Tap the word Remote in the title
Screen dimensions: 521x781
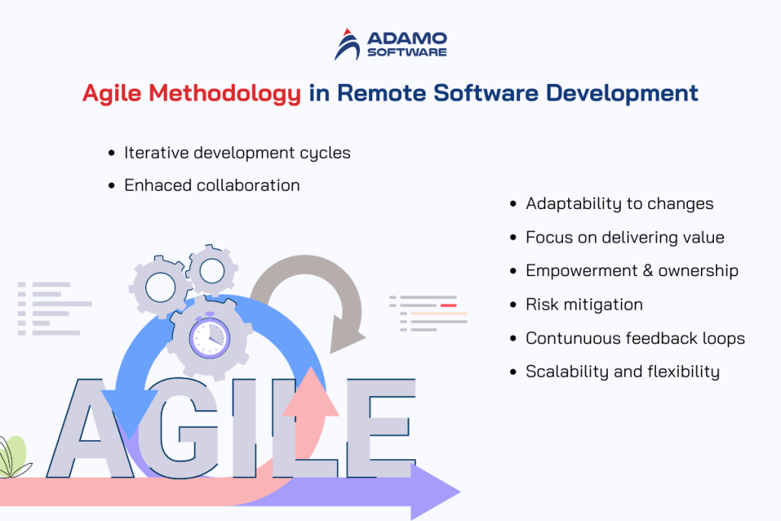[381, 93]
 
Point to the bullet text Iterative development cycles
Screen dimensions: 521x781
[237, 153]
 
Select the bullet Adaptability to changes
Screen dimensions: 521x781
[619, 204]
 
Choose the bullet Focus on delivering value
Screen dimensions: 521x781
[625, 237]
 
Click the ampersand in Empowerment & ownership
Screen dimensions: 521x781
[653, 271]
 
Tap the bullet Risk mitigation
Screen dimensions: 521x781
[584, 304]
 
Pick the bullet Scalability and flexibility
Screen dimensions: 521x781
[622, 371]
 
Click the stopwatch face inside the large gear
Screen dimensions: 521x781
[209, 336]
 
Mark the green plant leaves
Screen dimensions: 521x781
[13, 456]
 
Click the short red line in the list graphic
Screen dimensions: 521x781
[448, 305]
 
